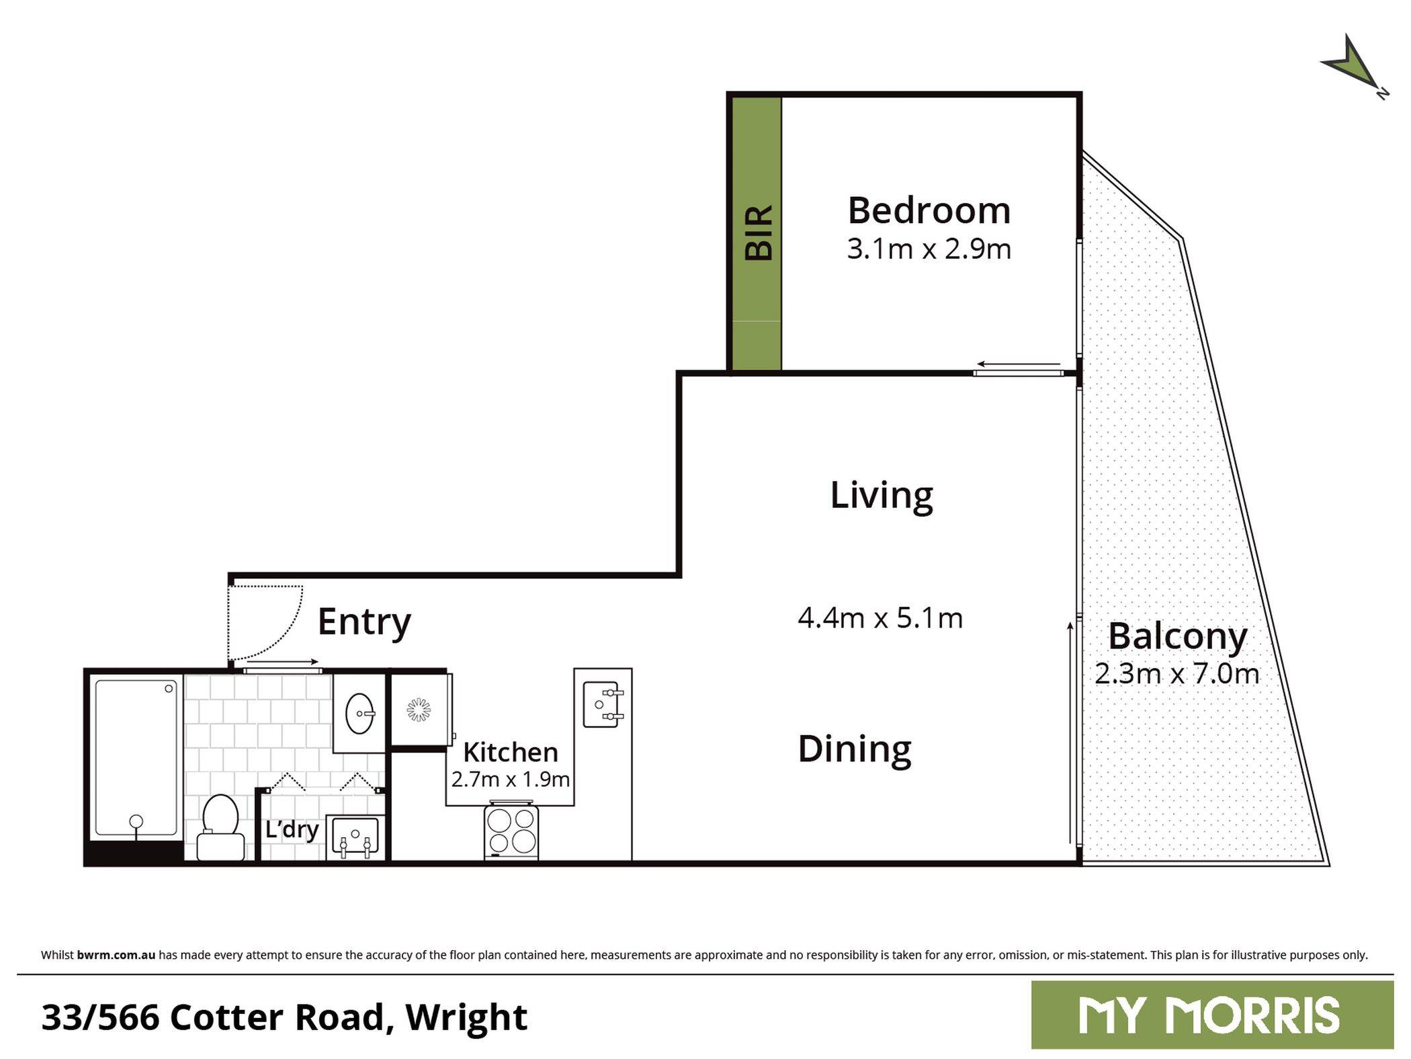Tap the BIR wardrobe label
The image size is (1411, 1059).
pyautogui.click(x=759, y=232)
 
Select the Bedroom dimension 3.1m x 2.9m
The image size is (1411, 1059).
pyautogui.click(x=929, y=249)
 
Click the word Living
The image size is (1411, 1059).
pyautogui.click(x=882, y=495)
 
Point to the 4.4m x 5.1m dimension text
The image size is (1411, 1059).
pyautogui.click(x=880, y=618)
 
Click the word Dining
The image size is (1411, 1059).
pyautogui.click(x=855, y=749)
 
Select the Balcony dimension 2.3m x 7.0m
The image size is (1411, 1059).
pyautogui.click(x=1177, y=674)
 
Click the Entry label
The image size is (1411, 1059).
pyautogui.click(x=364, y=621)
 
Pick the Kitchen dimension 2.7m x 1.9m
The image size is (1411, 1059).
pyautogui.click(x=510, y=779)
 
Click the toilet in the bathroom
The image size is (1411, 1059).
pyautogui.click(x=220, y=827)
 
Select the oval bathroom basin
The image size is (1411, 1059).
pyautogui.click(x=360, y=713)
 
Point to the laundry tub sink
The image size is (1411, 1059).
pyautogui.click(x=355, y=837)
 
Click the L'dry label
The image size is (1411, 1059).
pyautogui.click(x=292, y=829)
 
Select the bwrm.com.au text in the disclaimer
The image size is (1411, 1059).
pyautogui.click(x=116, y=955)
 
